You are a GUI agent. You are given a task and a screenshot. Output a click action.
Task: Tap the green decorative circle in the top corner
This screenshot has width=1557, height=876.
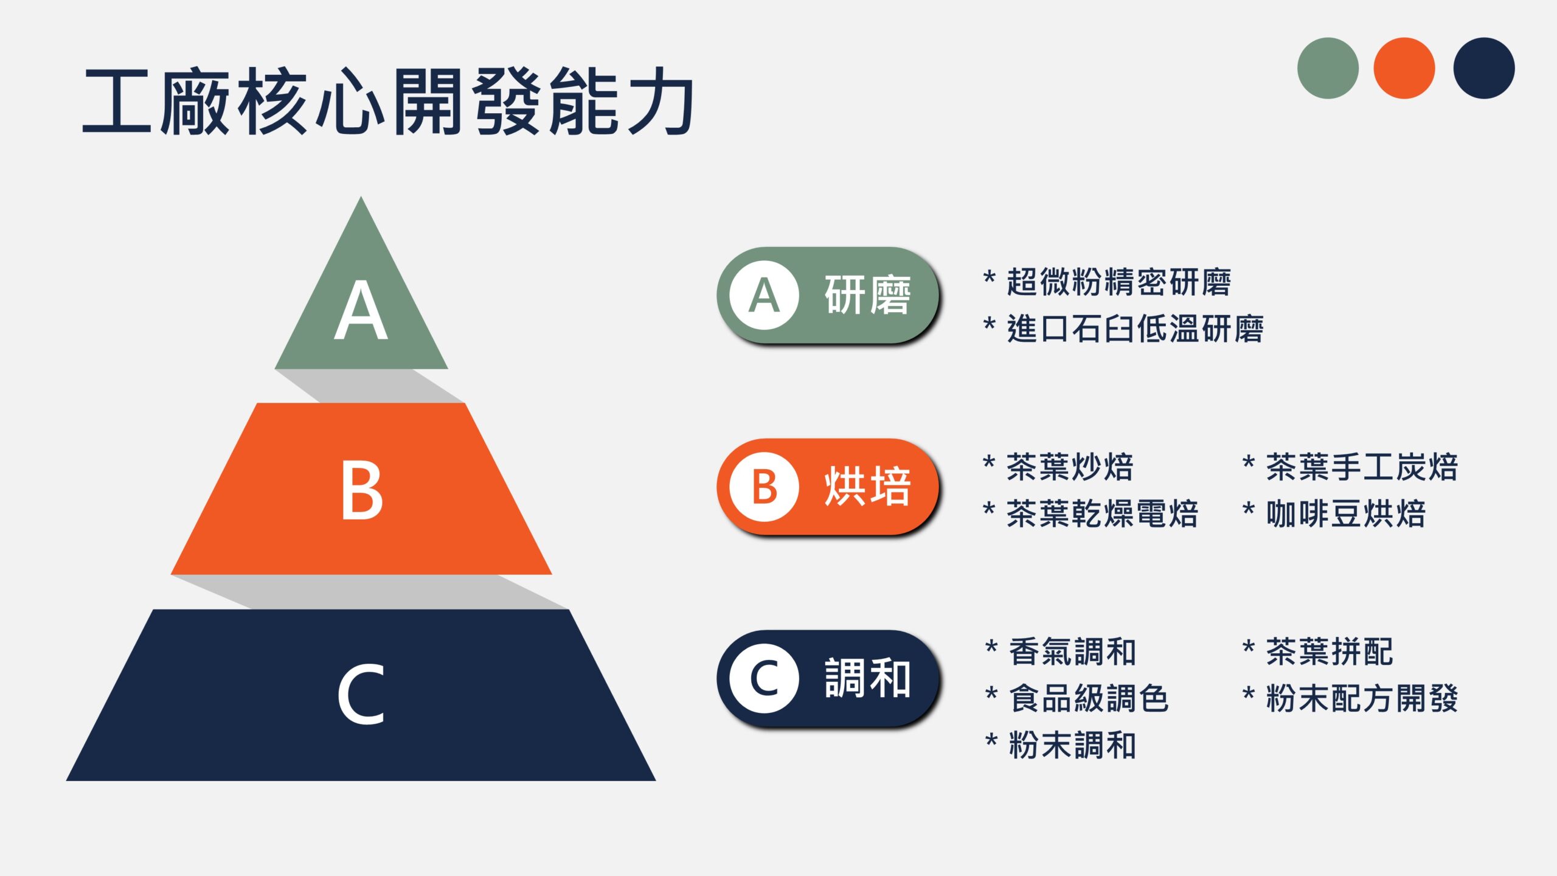(1328, 68)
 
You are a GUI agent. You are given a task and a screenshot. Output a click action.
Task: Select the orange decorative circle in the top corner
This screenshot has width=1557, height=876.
(1404, 68)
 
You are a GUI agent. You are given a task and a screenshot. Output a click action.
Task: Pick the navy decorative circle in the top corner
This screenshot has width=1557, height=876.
(1484, 68)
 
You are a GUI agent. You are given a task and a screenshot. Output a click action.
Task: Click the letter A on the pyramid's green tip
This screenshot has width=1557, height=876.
(361, 311)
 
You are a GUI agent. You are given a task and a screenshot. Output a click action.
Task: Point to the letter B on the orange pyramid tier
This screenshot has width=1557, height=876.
(362, 490)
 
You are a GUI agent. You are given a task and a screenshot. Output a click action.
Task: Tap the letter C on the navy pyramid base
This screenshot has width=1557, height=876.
(361, 694)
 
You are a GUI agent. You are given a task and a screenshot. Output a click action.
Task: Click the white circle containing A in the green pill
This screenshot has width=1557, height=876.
(765, 295)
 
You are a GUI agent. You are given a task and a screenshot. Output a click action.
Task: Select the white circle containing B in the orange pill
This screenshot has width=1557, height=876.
(765, 487)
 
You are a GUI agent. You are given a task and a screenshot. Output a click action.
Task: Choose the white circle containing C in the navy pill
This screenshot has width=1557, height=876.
(765, 678)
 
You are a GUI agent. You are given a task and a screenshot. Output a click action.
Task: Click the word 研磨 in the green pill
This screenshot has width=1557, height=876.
(868, 295)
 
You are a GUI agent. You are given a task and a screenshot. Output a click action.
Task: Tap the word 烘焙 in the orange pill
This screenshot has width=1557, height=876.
(868, 487)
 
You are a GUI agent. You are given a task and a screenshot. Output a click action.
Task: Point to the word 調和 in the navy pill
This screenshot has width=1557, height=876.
(868, 678)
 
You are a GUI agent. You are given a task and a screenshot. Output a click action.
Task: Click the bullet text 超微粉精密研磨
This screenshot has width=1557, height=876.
(1119, 282)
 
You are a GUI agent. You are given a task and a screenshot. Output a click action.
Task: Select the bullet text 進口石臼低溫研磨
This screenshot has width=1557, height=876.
(1136, 329)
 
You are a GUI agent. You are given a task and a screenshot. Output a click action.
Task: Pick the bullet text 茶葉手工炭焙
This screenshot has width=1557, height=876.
(1362, 467)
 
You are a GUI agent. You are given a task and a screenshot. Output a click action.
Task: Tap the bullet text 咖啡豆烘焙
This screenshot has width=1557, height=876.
(1346, 514)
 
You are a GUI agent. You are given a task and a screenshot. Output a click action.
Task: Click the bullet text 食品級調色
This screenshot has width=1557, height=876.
(1089, 698)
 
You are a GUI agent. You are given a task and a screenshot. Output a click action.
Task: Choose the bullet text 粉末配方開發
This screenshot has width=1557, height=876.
(1362, 698)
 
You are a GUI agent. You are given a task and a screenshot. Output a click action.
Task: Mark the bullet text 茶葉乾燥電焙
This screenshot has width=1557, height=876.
(1103, 514)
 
